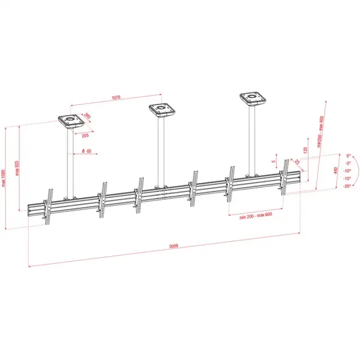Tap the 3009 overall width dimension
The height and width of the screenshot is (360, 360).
174,245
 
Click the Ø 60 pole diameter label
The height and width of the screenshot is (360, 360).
85,151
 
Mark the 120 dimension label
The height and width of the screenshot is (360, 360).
306,149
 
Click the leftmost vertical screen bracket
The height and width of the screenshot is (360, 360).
50,206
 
